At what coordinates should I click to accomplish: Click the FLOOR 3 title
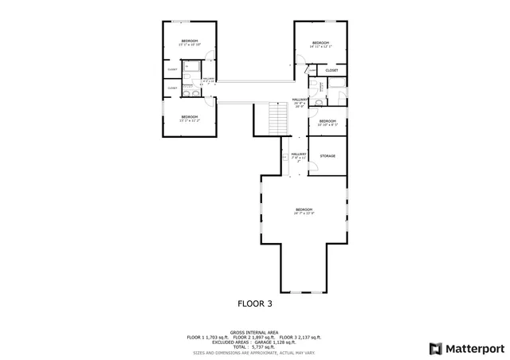(255, 303)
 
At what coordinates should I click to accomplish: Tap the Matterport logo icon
(434, 348)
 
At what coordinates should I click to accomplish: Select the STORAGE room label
(328, 156)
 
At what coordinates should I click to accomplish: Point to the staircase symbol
(277, 122)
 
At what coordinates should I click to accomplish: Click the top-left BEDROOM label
(189, 41)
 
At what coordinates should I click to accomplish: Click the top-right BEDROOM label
(320, 42)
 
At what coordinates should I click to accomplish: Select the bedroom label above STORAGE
(328, 121)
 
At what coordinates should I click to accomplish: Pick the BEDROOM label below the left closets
(189, 117)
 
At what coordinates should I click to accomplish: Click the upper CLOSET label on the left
(172, 69)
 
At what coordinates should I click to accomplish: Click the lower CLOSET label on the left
(172, 88)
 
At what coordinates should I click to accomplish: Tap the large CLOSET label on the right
(331, 70)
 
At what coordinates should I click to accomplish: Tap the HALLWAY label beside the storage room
(299, 154)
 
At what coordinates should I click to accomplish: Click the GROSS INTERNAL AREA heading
(254, 331)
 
